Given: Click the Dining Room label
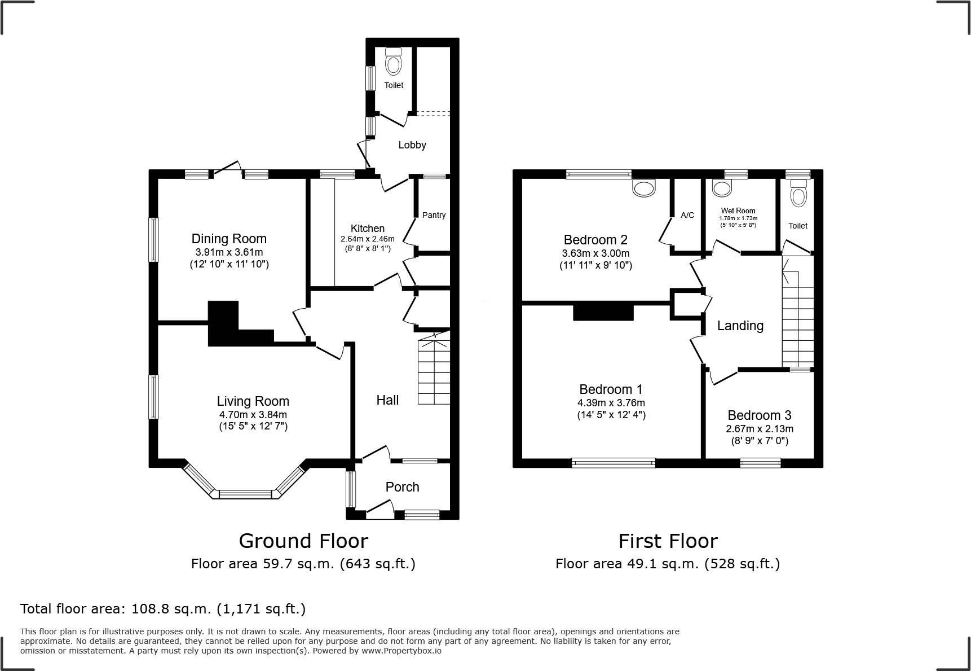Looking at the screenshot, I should [x=229, y=239].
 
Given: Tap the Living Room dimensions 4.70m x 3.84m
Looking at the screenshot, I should [x=253, y=414].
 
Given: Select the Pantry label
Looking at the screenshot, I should [x=434, y=215].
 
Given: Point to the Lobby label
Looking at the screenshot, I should [x=412, y=145].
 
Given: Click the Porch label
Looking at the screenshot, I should [x=402, y=487].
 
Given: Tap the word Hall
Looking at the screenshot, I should [x=387, y=400].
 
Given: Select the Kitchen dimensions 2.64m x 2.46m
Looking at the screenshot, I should [x=367, y=239].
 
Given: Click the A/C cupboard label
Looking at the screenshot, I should [x=687, y=215].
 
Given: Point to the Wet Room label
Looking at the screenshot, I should [x=738, y=210].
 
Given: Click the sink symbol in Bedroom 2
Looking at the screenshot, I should [x=645, y=187].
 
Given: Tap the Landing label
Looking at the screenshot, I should [x=740, y=326].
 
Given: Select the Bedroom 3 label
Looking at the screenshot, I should [x=759, y=415].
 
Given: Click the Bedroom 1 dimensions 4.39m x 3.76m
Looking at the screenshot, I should [x=611, y=403].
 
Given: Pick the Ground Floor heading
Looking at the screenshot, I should [x=303, y=541].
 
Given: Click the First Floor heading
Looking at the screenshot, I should [x=668, y=541].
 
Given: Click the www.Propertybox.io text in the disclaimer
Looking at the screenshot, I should [x=401, y=650].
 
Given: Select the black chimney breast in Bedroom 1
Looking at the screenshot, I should [x=603, y=312].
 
